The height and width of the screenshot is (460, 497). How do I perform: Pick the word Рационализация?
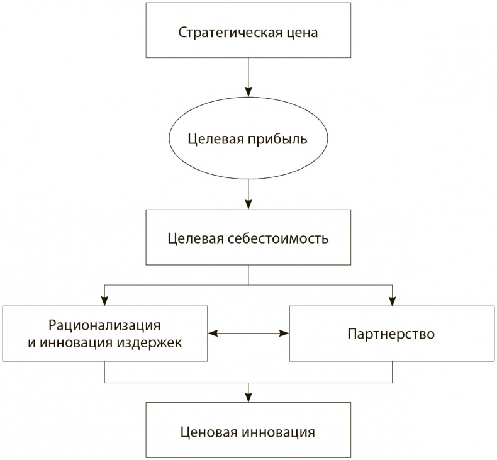[104, 325]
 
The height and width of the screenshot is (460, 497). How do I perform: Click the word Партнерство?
[391, 333]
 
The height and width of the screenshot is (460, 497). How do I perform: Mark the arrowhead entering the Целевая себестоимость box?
[248, 204]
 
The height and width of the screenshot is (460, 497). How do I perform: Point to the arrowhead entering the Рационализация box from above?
[104, 300]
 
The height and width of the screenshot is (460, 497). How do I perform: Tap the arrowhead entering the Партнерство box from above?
[393, 300]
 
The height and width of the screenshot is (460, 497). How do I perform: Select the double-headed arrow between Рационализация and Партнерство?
[248, 333]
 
